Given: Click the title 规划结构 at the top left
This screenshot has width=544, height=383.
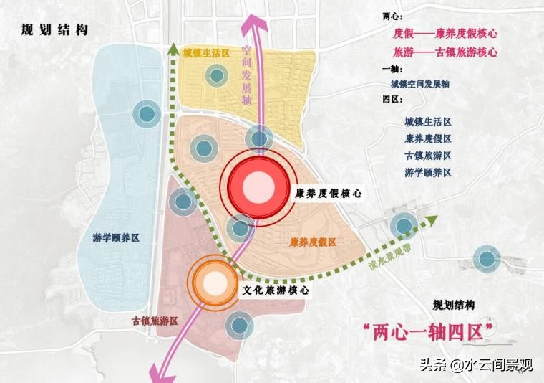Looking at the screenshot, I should pos(54,30).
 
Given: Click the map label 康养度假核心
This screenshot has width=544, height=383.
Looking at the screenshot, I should pos(329,193).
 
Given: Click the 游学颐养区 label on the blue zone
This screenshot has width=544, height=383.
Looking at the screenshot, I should pos(116,238).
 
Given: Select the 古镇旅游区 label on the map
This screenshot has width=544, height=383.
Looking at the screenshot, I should pos(155,321).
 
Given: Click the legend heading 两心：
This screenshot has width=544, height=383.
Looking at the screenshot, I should pos(394,16).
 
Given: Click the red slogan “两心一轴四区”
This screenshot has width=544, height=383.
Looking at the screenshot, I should pos(429,331).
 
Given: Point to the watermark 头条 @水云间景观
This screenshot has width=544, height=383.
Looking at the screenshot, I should pos(486,366).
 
